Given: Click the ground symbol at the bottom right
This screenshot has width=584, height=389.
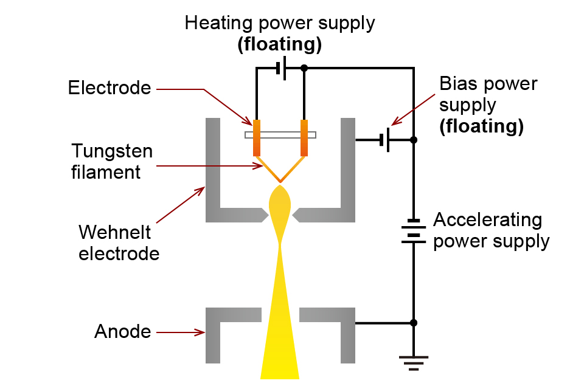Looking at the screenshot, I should coord(414,362).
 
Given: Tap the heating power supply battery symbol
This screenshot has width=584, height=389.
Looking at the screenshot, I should coord(280,69).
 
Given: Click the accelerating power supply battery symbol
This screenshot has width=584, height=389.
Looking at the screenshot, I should coord(414,232).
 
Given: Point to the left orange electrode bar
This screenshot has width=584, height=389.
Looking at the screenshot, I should coord(257,137).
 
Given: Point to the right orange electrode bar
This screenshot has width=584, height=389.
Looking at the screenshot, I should coord(304,137).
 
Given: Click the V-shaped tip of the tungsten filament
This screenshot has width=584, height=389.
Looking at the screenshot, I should coord(280,181).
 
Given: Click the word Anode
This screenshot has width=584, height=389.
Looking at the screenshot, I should coord(122,332).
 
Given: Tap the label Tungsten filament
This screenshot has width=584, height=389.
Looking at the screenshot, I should coord(112,161).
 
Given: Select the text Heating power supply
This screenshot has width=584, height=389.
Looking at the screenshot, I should coord(280,24).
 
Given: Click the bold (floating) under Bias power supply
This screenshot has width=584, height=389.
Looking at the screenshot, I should coord(481,126).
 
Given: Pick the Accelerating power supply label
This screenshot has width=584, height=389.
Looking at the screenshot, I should coord(490,230).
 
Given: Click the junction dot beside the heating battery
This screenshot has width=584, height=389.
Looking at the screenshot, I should coord(304,68).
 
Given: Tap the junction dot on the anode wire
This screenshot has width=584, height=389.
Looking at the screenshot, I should coord(414,323).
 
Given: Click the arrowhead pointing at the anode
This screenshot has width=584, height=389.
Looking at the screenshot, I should coord(202,332).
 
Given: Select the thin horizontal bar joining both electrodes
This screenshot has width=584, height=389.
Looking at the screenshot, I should coord(280,134).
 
